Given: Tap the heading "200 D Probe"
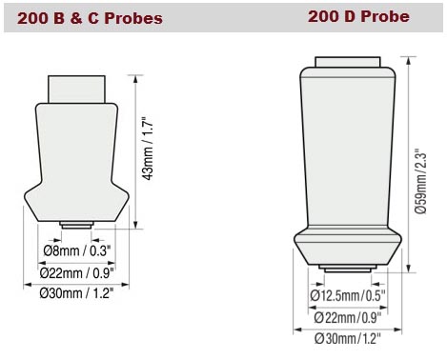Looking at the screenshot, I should (357, 16).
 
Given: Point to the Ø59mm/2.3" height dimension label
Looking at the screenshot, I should (420, 163).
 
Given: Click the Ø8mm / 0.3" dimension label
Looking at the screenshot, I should (78, 250).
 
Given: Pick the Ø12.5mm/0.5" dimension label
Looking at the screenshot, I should (350, 295).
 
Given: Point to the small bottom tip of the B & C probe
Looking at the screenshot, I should (75, 225).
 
